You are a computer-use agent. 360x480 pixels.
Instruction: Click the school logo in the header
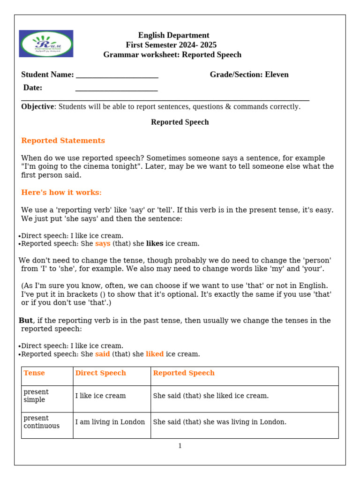coord(46,44)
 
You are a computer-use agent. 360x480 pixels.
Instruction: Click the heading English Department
coord(173,35)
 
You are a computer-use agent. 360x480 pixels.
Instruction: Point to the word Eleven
coord(277,75)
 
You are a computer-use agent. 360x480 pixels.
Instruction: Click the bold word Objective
coord(37,106)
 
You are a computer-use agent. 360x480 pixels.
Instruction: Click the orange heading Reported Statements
coord(63,141)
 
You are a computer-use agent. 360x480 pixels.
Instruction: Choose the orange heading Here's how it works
coord(61,193)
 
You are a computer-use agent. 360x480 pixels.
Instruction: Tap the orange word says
coord(103,244)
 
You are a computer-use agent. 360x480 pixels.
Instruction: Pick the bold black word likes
coord(155,244)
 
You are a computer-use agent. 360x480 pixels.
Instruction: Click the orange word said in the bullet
coord(103,354)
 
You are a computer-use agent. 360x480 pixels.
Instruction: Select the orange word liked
coord(155,354)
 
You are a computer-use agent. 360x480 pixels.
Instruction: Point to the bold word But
coord(26,321)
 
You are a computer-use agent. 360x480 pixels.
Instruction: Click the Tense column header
coord(34,373)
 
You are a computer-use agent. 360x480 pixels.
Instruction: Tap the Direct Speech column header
coord(101,373)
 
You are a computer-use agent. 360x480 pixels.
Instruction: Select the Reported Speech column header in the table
coord(184,373)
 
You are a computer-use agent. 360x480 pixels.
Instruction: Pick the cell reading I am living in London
coord(110,422)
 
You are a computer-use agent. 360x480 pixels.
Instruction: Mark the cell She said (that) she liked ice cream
coord(211,396)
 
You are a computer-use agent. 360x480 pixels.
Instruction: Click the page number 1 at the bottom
coord(180,446)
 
